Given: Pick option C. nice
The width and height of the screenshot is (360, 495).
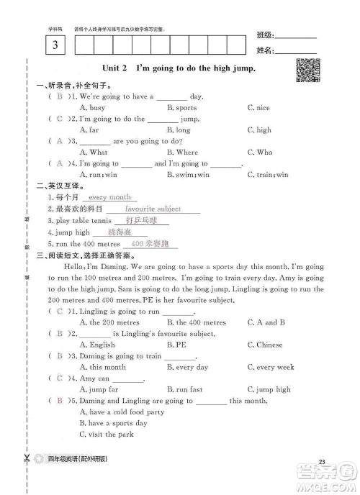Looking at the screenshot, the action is (x=258, y=108).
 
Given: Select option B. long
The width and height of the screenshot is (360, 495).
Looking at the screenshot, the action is (x=179, y=130).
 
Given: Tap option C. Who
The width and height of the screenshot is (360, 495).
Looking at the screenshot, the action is (x=259, y=153).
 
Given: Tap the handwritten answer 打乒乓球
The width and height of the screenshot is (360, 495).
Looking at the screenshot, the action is (x=140, y=221).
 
